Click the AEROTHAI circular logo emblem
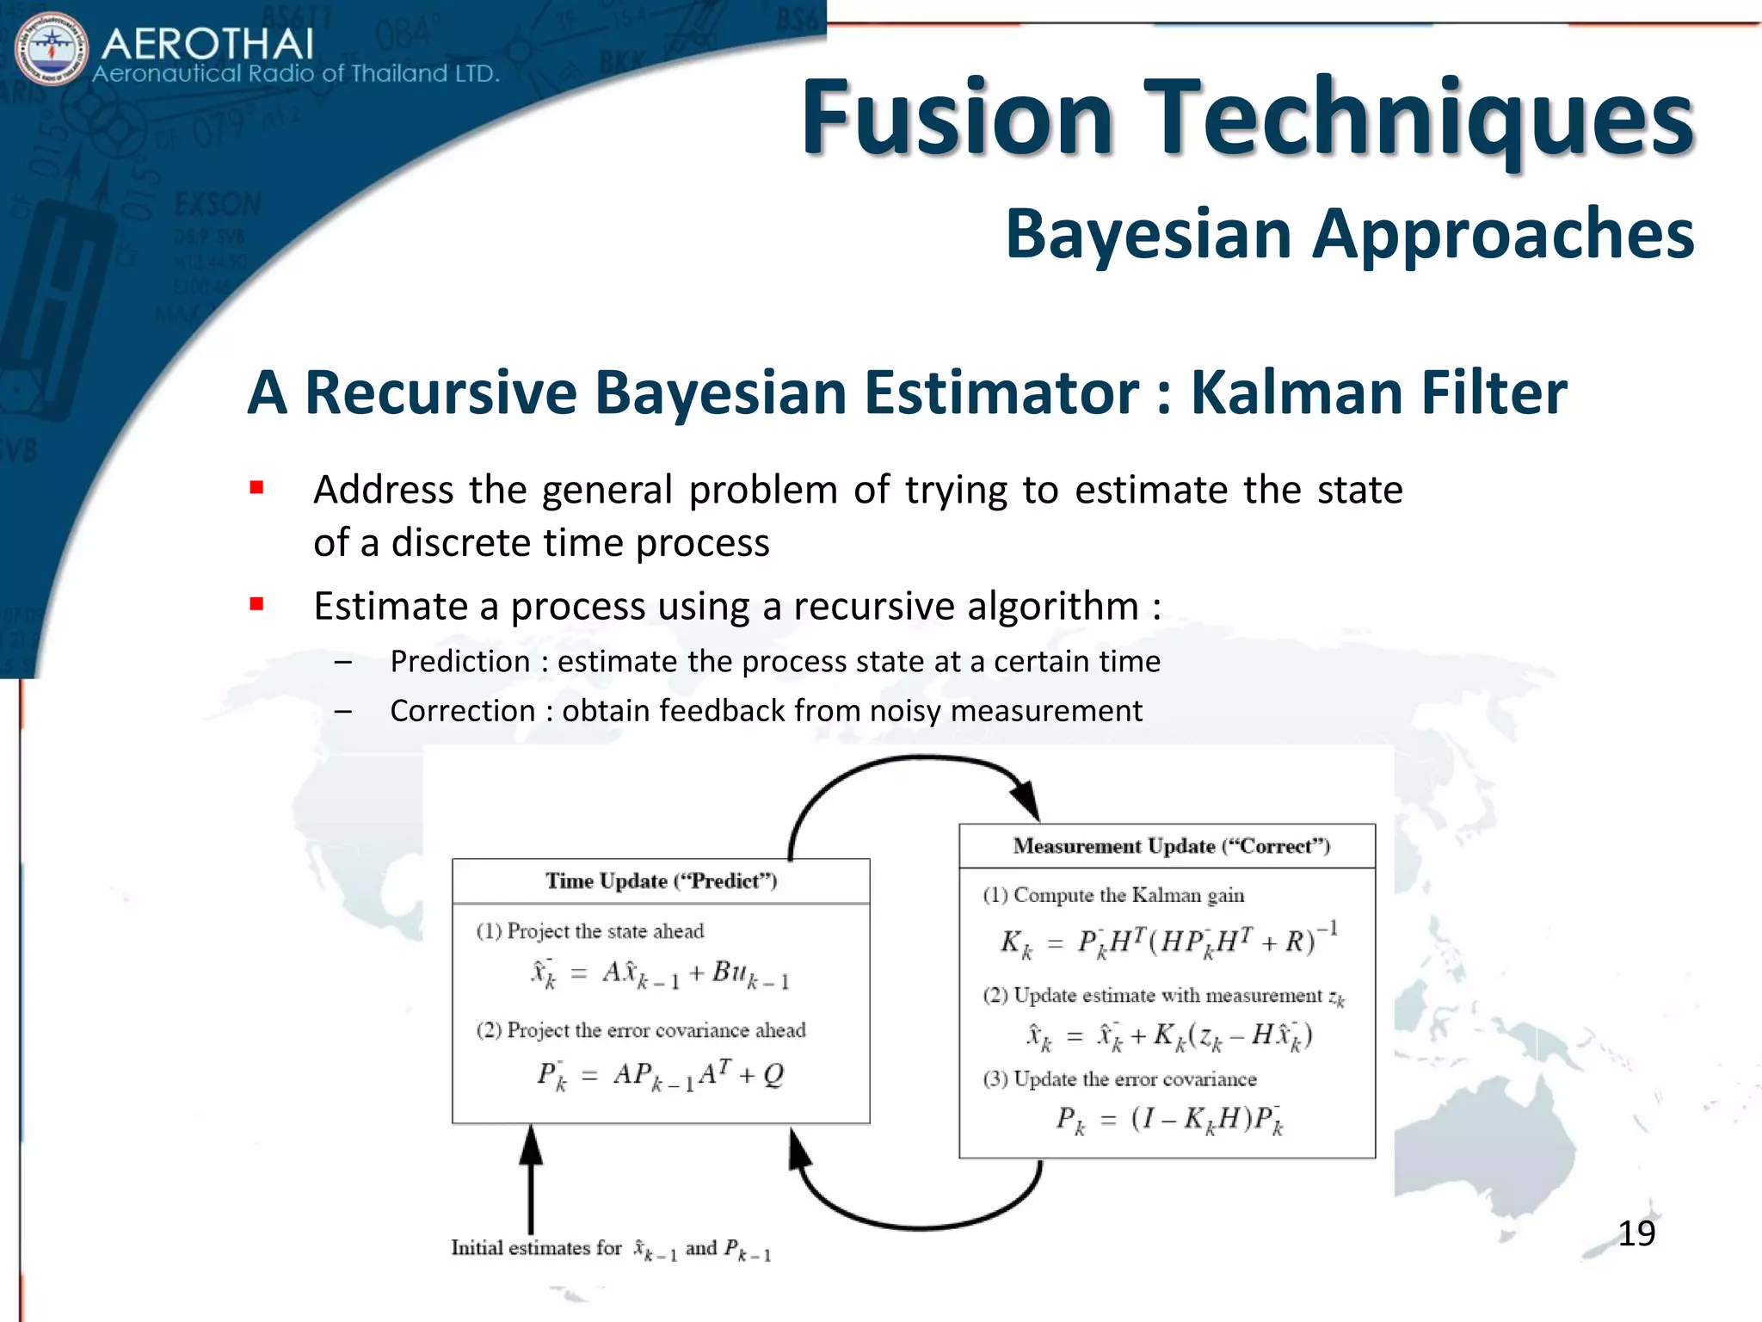coord(52,49)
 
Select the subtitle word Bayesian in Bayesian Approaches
coord(1149,234)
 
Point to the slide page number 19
coord(1636,1233)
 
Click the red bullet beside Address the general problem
coord(256,488)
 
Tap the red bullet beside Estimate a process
coord(256,604)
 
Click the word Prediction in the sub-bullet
coord(460,661)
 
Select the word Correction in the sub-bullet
coord(463,711)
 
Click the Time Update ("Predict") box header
coord(661,880)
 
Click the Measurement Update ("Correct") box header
coord(1171,846)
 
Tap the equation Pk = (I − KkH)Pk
coord(1168,1120)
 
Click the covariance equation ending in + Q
coord(661,1075)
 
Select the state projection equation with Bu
coord(661,973)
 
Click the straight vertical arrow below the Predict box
coord(531,1183)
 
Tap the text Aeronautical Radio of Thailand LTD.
coord(296,74)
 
